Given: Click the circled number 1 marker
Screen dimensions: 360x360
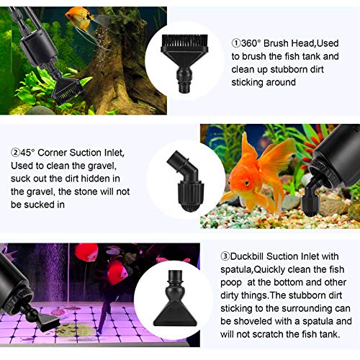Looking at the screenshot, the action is tap(236, 43).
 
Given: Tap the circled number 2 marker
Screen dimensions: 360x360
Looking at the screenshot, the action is tap(15, 153).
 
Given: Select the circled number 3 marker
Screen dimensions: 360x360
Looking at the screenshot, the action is tap(225, 256).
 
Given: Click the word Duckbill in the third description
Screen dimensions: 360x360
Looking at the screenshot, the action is tap(247, 256).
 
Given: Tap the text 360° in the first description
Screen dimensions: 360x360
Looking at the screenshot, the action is tap(251, 43).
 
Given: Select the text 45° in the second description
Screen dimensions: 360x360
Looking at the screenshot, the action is tap(27, 153).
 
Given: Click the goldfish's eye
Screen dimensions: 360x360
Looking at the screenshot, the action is tap(247, 183).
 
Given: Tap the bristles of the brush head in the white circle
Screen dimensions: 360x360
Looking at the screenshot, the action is tap(185, 41).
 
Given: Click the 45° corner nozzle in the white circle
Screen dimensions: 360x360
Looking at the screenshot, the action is tap(186, 181).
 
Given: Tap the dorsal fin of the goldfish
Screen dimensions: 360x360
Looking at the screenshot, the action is tap(248, 146).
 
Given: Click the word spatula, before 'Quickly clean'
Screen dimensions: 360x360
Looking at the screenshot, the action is tap(236, 270).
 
